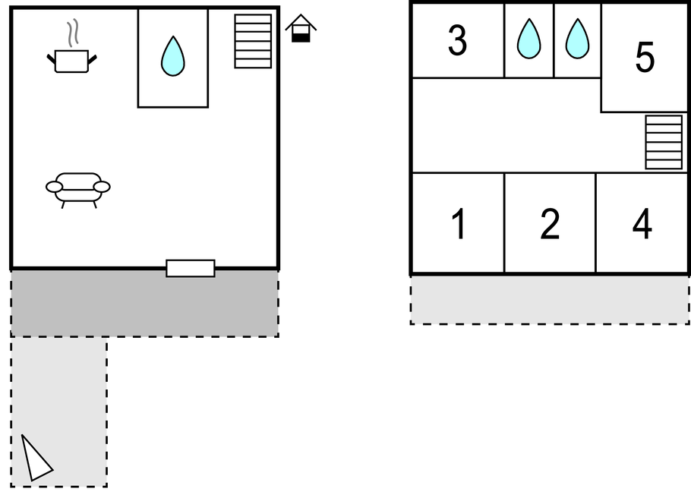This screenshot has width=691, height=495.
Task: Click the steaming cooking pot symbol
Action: (x=72, y=60)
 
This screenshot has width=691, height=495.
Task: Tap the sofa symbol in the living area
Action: (x=77, y=188)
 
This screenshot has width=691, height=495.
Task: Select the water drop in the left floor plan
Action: (x=173, y=56)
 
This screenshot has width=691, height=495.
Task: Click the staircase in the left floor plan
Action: (x=253, y=41)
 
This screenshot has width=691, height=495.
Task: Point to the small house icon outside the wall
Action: (x=301, y=29)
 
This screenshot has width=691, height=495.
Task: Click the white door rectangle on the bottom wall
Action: (x=191, y=268)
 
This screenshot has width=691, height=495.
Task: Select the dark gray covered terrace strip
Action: (x=144, y=304)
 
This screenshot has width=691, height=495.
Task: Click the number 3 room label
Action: (x=457, y=41)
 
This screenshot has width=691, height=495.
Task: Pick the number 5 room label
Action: (x=645, y=58)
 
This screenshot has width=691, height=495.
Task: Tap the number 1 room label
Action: (x=458, y=225)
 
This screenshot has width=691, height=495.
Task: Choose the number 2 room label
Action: (x=550, y=225)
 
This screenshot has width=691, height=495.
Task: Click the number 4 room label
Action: (x=642, y=225)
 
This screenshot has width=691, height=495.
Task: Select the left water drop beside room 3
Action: (x=529, y=39)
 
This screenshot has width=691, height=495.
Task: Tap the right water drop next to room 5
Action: (x=577, y=39)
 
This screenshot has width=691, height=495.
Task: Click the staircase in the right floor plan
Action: (x=664, y=142)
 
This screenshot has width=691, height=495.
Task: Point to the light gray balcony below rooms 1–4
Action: (x=550, y=300)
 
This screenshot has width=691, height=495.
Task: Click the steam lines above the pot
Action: (x=72, y=33)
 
